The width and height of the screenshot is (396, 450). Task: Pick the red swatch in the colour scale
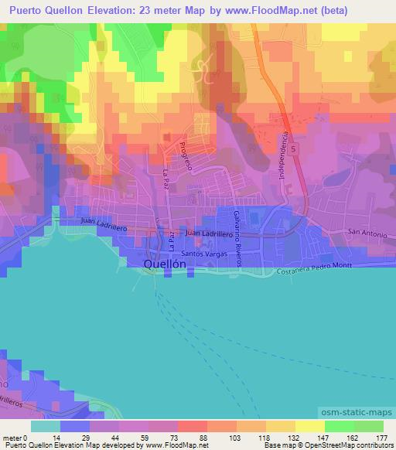193,426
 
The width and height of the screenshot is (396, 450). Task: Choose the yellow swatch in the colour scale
310,426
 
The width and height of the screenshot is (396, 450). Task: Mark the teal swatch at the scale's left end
46,426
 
